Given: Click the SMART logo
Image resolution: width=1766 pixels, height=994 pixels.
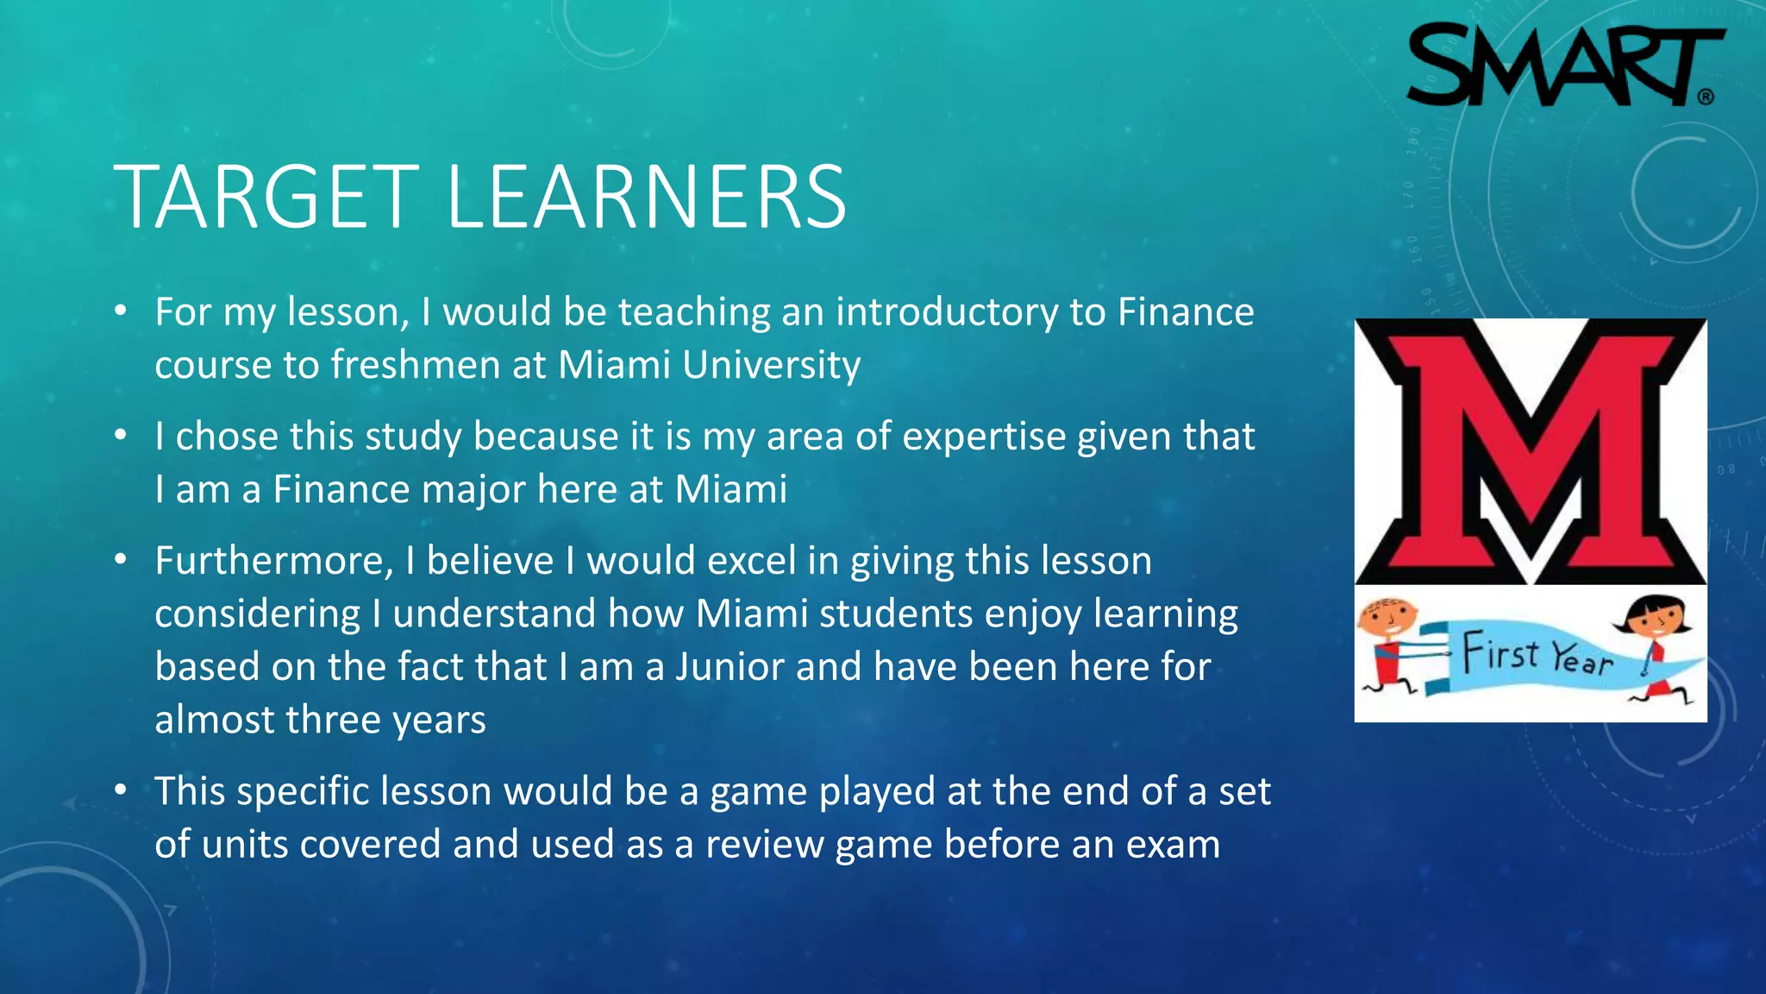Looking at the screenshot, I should pos(1564,66).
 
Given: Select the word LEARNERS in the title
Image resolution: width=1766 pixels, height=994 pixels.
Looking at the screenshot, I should pos(646,198).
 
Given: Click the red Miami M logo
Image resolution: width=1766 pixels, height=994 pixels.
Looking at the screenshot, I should pos(1531,451).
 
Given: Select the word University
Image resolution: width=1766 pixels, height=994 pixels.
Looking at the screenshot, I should pos(771,365).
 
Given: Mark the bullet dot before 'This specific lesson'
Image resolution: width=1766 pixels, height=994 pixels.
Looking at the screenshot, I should pos(122,790).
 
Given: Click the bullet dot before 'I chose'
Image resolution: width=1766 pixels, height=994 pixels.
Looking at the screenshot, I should pos(122,436).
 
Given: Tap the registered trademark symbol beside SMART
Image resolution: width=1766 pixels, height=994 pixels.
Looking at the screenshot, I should pos(1706,97).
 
